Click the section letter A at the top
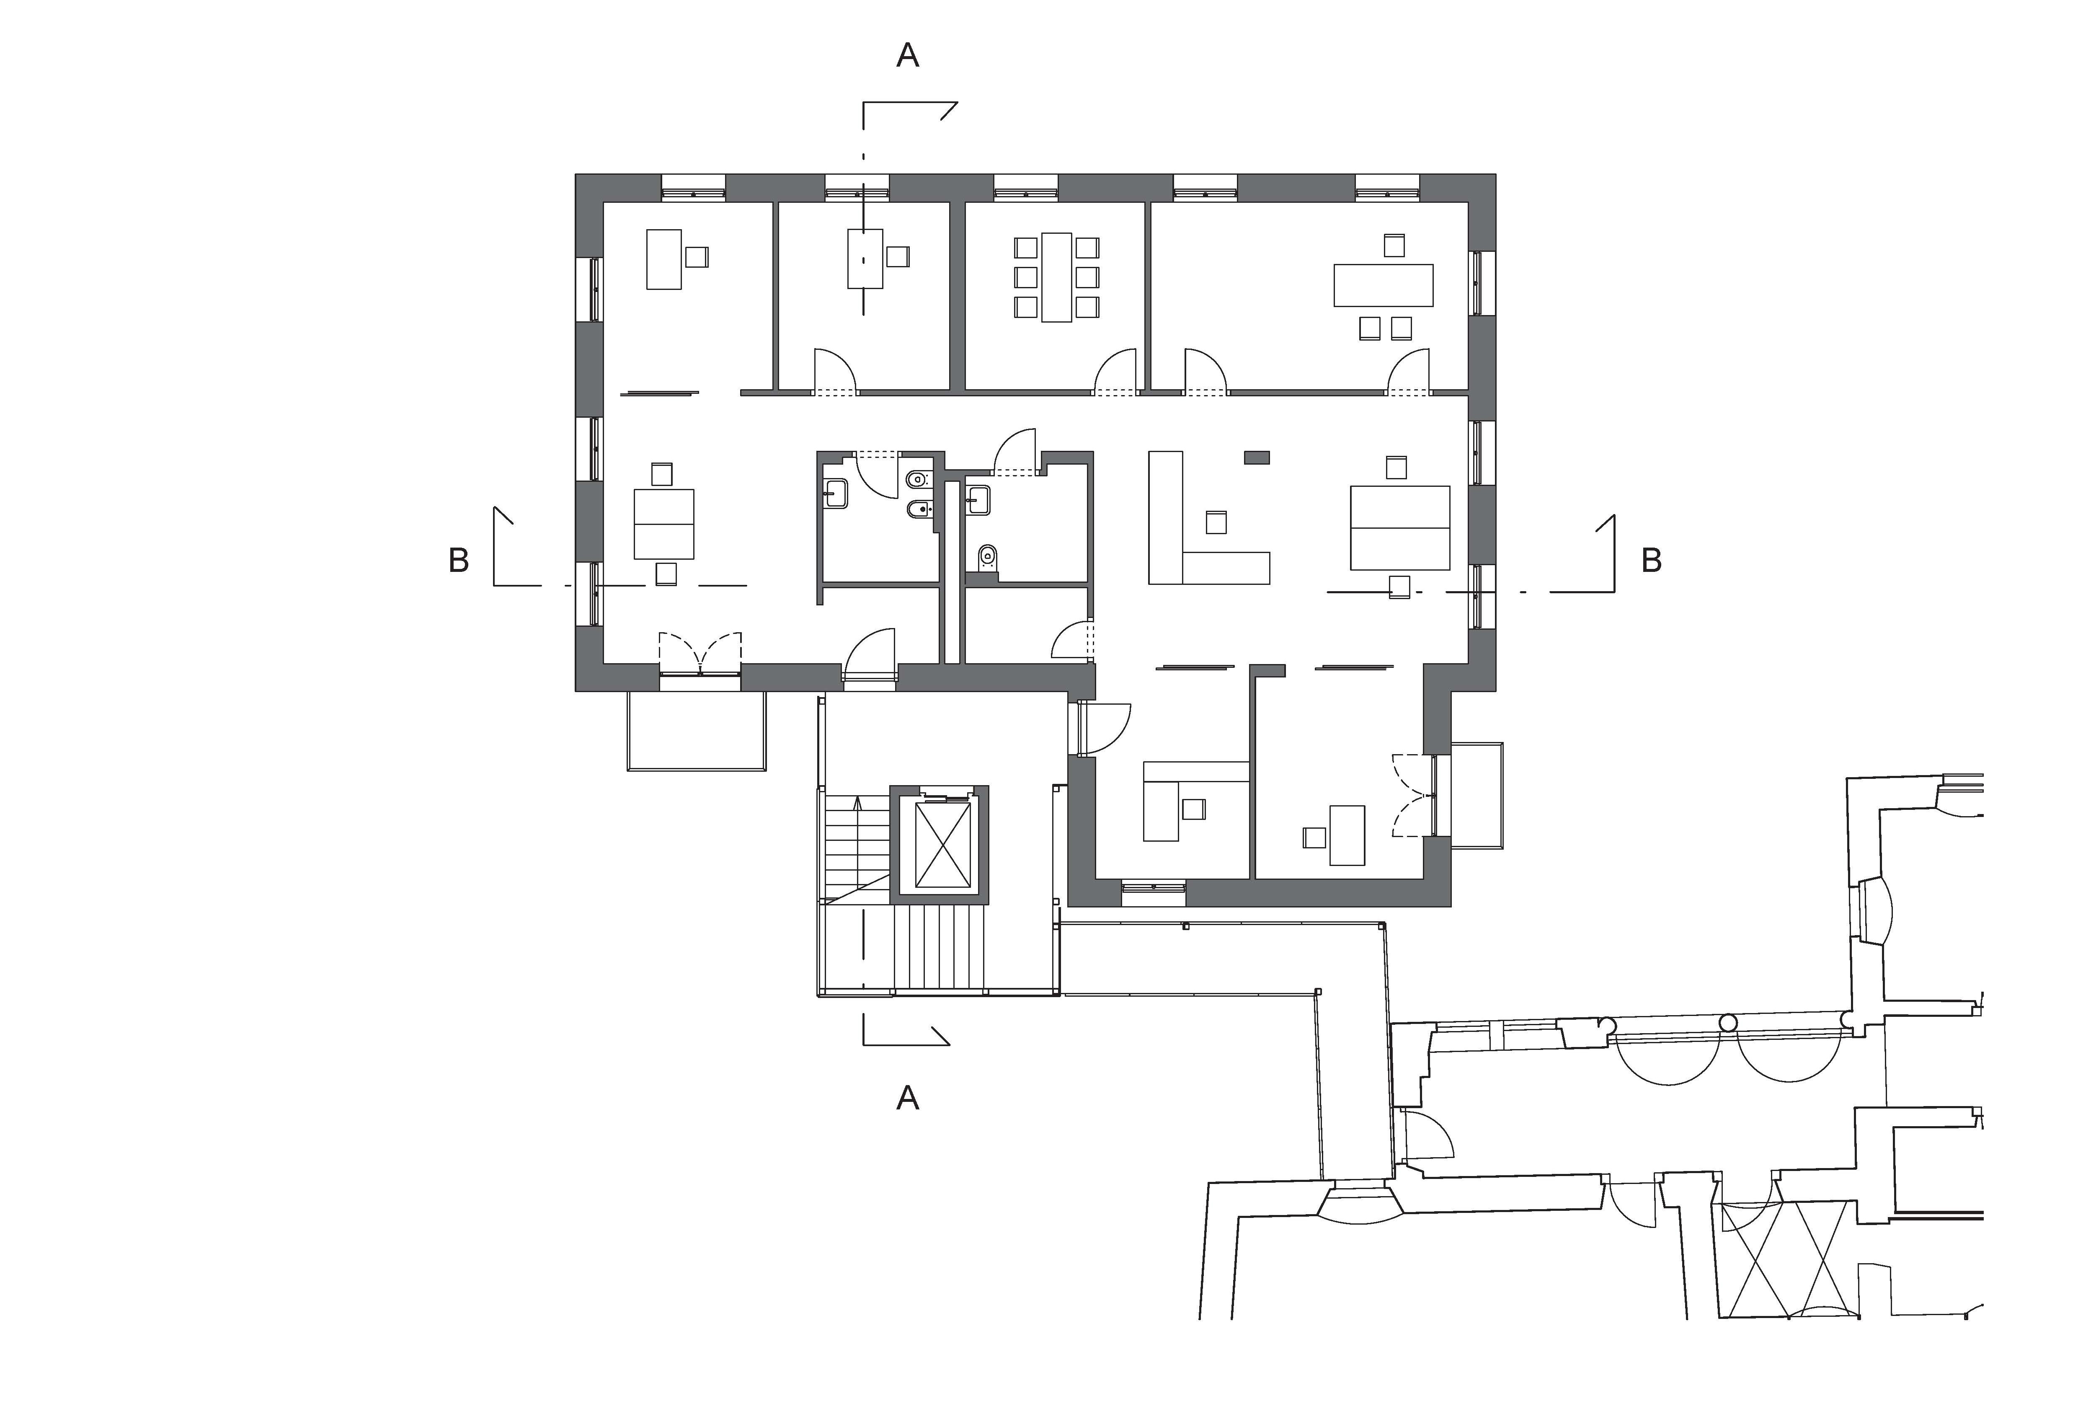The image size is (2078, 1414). point(908,55)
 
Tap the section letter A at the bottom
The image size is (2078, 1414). point(908,1097)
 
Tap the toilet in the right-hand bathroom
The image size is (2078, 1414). point(987,558)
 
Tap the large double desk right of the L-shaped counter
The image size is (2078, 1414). point(1399,527)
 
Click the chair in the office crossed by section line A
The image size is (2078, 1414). point(898,257)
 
